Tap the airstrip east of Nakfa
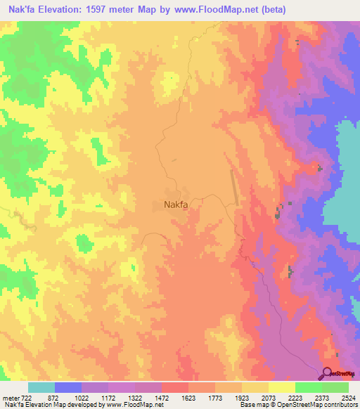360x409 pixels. pos(234,189)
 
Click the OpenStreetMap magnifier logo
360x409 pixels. pos(327,374)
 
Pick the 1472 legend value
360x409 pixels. pos(162,398)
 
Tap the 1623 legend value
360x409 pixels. pos(188,398)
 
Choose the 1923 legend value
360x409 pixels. pos(242,398)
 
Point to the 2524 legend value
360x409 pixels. pos(348,398)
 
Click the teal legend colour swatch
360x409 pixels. pos(41,387)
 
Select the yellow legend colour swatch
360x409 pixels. pos(281,387)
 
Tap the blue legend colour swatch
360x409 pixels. pos(68,387)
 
